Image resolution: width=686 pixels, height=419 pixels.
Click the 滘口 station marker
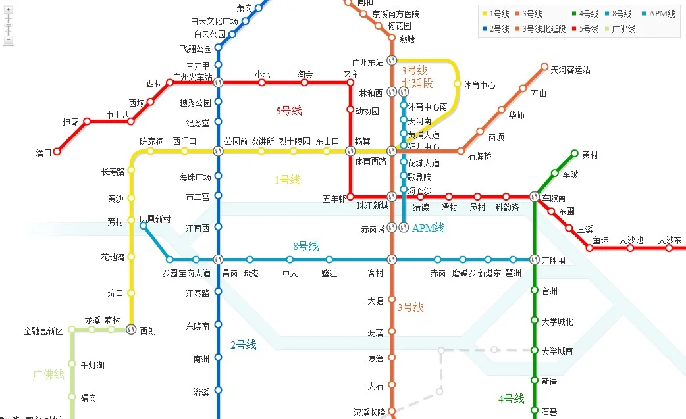tap(57, 152)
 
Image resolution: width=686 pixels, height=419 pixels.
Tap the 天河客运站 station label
tap(570, 70)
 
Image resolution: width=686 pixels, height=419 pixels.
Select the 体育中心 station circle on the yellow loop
tap(458, 84)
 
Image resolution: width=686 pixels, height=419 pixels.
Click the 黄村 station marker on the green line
tap(574, 154)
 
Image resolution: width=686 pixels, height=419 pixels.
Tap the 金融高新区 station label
tap(43, 331)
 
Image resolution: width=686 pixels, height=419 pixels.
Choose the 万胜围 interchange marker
tap(535, 259)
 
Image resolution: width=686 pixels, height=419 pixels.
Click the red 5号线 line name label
tap(288, 111)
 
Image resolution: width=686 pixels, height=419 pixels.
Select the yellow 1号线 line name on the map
tap(287, 179)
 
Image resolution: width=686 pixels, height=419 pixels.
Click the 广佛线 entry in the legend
tap(623, 29)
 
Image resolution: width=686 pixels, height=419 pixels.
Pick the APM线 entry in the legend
tap(662, 14)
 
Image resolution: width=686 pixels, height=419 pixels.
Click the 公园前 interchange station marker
tap(219, 151)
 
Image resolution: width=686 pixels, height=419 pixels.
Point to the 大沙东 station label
tap(669, 240)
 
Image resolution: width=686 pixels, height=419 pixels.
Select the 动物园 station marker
tap(350, 110)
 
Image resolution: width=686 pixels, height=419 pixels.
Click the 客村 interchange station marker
tap(392, 259)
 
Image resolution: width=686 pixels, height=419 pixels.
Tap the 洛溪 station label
tap(201, 392)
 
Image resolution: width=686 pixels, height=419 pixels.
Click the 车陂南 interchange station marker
tap(535, 196)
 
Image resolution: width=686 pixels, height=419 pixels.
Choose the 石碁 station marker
tap(535, 412)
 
